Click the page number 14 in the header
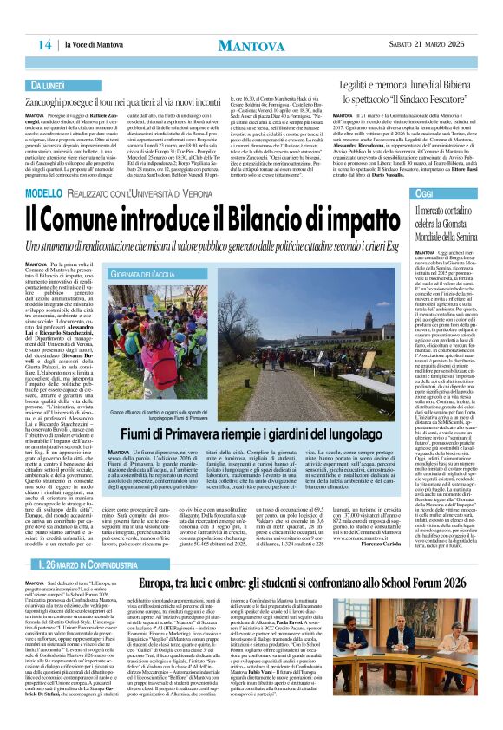[x=43, y=44]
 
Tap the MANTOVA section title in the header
[x=251, y=43]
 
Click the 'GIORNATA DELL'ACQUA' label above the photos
[x=165, y=274]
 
